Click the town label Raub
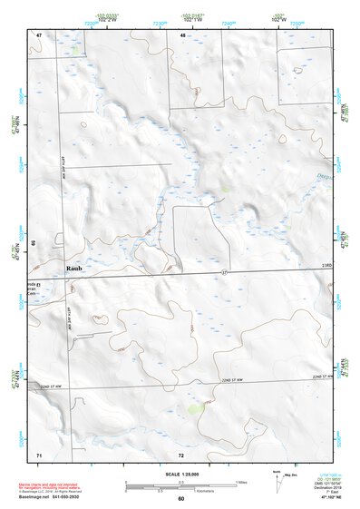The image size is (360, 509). [75, 269]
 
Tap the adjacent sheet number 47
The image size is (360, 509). [39, 34]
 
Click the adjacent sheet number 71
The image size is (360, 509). [39, 453]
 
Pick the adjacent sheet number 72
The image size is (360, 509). [181, 453]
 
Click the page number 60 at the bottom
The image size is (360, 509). [180, 499]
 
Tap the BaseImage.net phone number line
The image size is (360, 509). [61, 498]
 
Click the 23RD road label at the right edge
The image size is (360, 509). [327, 264]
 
